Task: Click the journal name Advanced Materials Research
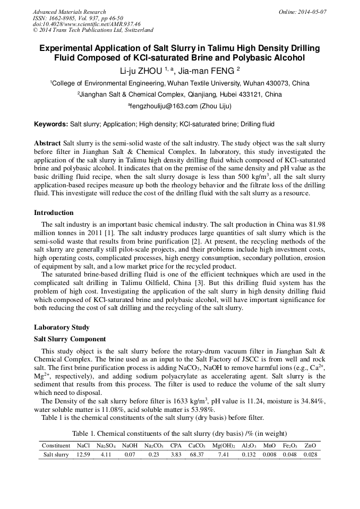click(69, 12)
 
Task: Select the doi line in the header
click(87, 24)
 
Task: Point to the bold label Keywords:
click(51, 124)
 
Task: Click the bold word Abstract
click(47, 144)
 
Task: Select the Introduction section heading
click(54, 213)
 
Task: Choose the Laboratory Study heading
click(62, 327)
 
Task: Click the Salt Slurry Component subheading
click(70, 339)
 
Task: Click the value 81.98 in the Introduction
click(314, 225)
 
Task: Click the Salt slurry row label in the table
click(56, 455)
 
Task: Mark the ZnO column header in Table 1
click(311, 445)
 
